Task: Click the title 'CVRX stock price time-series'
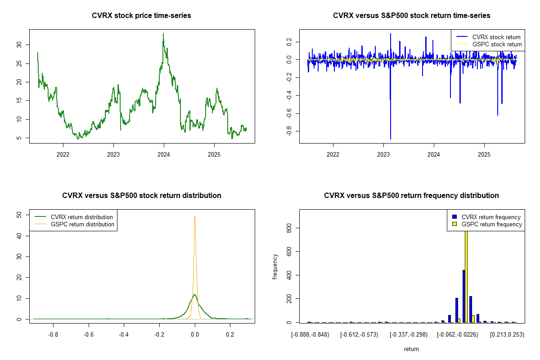141,16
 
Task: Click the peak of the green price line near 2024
163,34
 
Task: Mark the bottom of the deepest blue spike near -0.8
390,139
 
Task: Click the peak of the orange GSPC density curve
195,216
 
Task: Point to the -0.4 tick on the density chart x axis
124,334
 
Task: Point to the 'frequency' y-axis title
275,267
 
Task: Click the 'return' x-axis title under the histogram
411,349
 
